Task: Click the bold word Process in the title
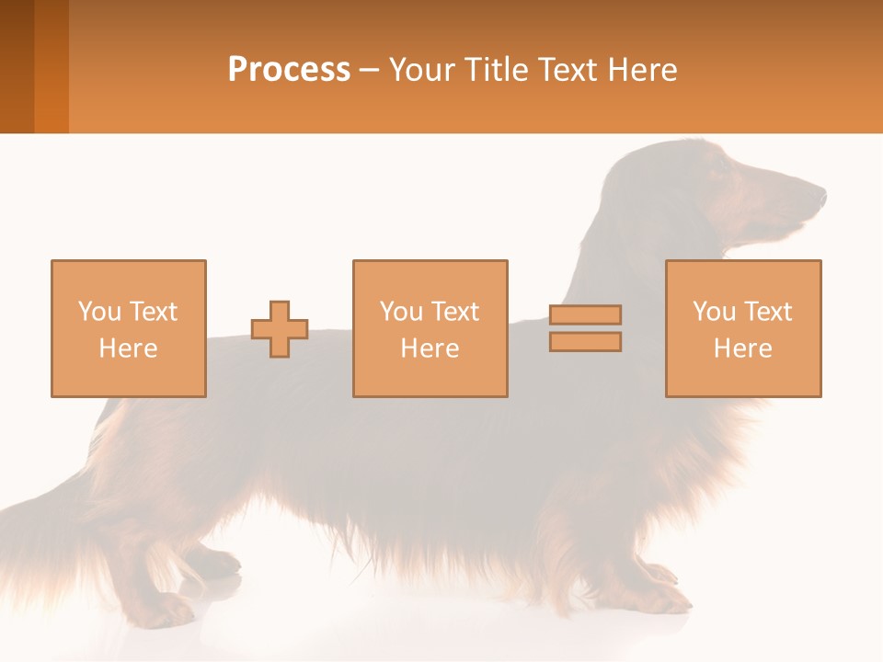click(289, 70)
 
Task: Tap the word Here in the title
click(640, 70)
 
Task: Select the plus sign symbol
click(280, 329)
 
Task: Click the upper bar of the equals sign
click(585, 314)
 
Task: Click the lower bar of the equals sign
click(585, 342)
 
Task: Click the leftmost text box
click(128, 328)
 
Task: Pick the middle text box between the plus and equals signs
click(430, 328)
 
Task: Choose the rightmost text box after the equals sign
click(743, 328)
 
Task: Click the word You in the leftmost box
click(98, 312)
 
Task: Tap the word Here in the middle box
click(430, 348)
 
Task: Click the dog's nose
click(821, 194)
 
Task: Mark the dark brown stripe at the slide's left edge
click(17, 66)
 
